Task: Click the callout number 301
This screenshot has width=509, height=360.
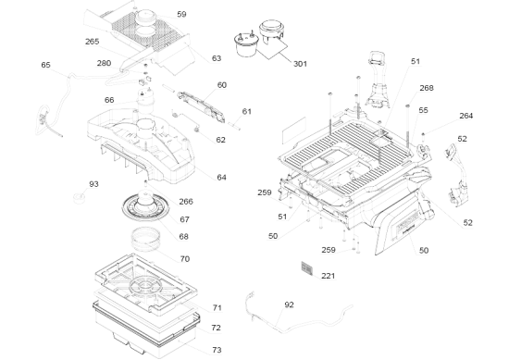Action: tap(300, 64)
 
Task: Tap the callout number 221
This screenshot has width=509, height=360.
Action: tap(328, 276)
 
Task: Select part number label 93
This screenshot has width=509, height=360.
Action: tap(93, 184)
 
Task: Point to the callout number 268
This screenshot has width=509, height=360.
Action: tap(427, 88)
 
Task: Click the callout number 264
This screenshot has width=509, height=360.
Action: tap(466, 116)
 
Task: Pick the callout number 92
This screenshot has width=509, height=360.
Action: tap(289, 304)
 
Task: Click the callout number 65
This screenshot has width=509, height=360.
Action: tap(45, 65)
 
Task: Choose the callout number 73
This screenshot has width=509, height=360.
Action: tap(217, 350)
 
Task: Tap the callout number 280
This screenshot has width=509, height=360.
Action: tap(104, 63)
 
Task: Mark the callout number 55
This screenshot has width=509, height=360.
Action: tap(423, 110)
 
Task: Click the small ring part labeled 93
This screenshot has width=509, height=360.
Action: tap(79, 197)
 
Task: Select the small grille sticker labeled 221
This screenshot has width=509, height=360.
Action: tap(306, 268)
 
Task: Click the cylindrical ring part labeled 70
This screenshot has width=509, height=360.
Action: tap(146, 240)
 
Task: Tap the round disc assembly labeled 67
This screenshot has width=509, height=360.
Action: tap(145, 206)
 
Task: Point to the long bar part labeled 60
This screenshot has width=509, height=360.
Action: tap(201, 106)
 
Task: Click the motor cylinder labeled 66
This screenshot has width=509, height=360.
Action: tap(145, 101)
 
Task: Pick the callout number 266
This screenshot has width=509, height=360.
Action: tap(186, 202)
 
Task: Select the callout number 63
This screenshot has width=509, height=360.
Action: tap(217, 58)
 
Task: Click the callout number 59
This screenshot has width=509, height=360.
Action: tap(181, 14)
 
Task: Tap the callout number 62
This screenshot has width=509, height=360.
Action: tap(220, 140)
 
